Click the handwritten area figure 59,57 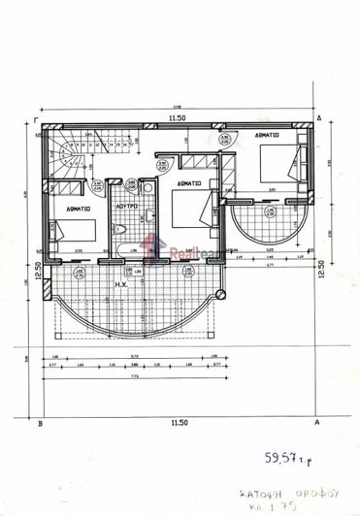[x=282, y=455]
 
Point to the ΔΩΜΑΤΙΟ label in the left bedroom [x=79, y=208]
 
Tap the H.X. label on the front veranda [x=123, y=284]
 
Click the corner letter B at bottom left [x=38, y=424]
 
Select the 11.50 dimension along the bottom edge [x=177, y=423]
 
